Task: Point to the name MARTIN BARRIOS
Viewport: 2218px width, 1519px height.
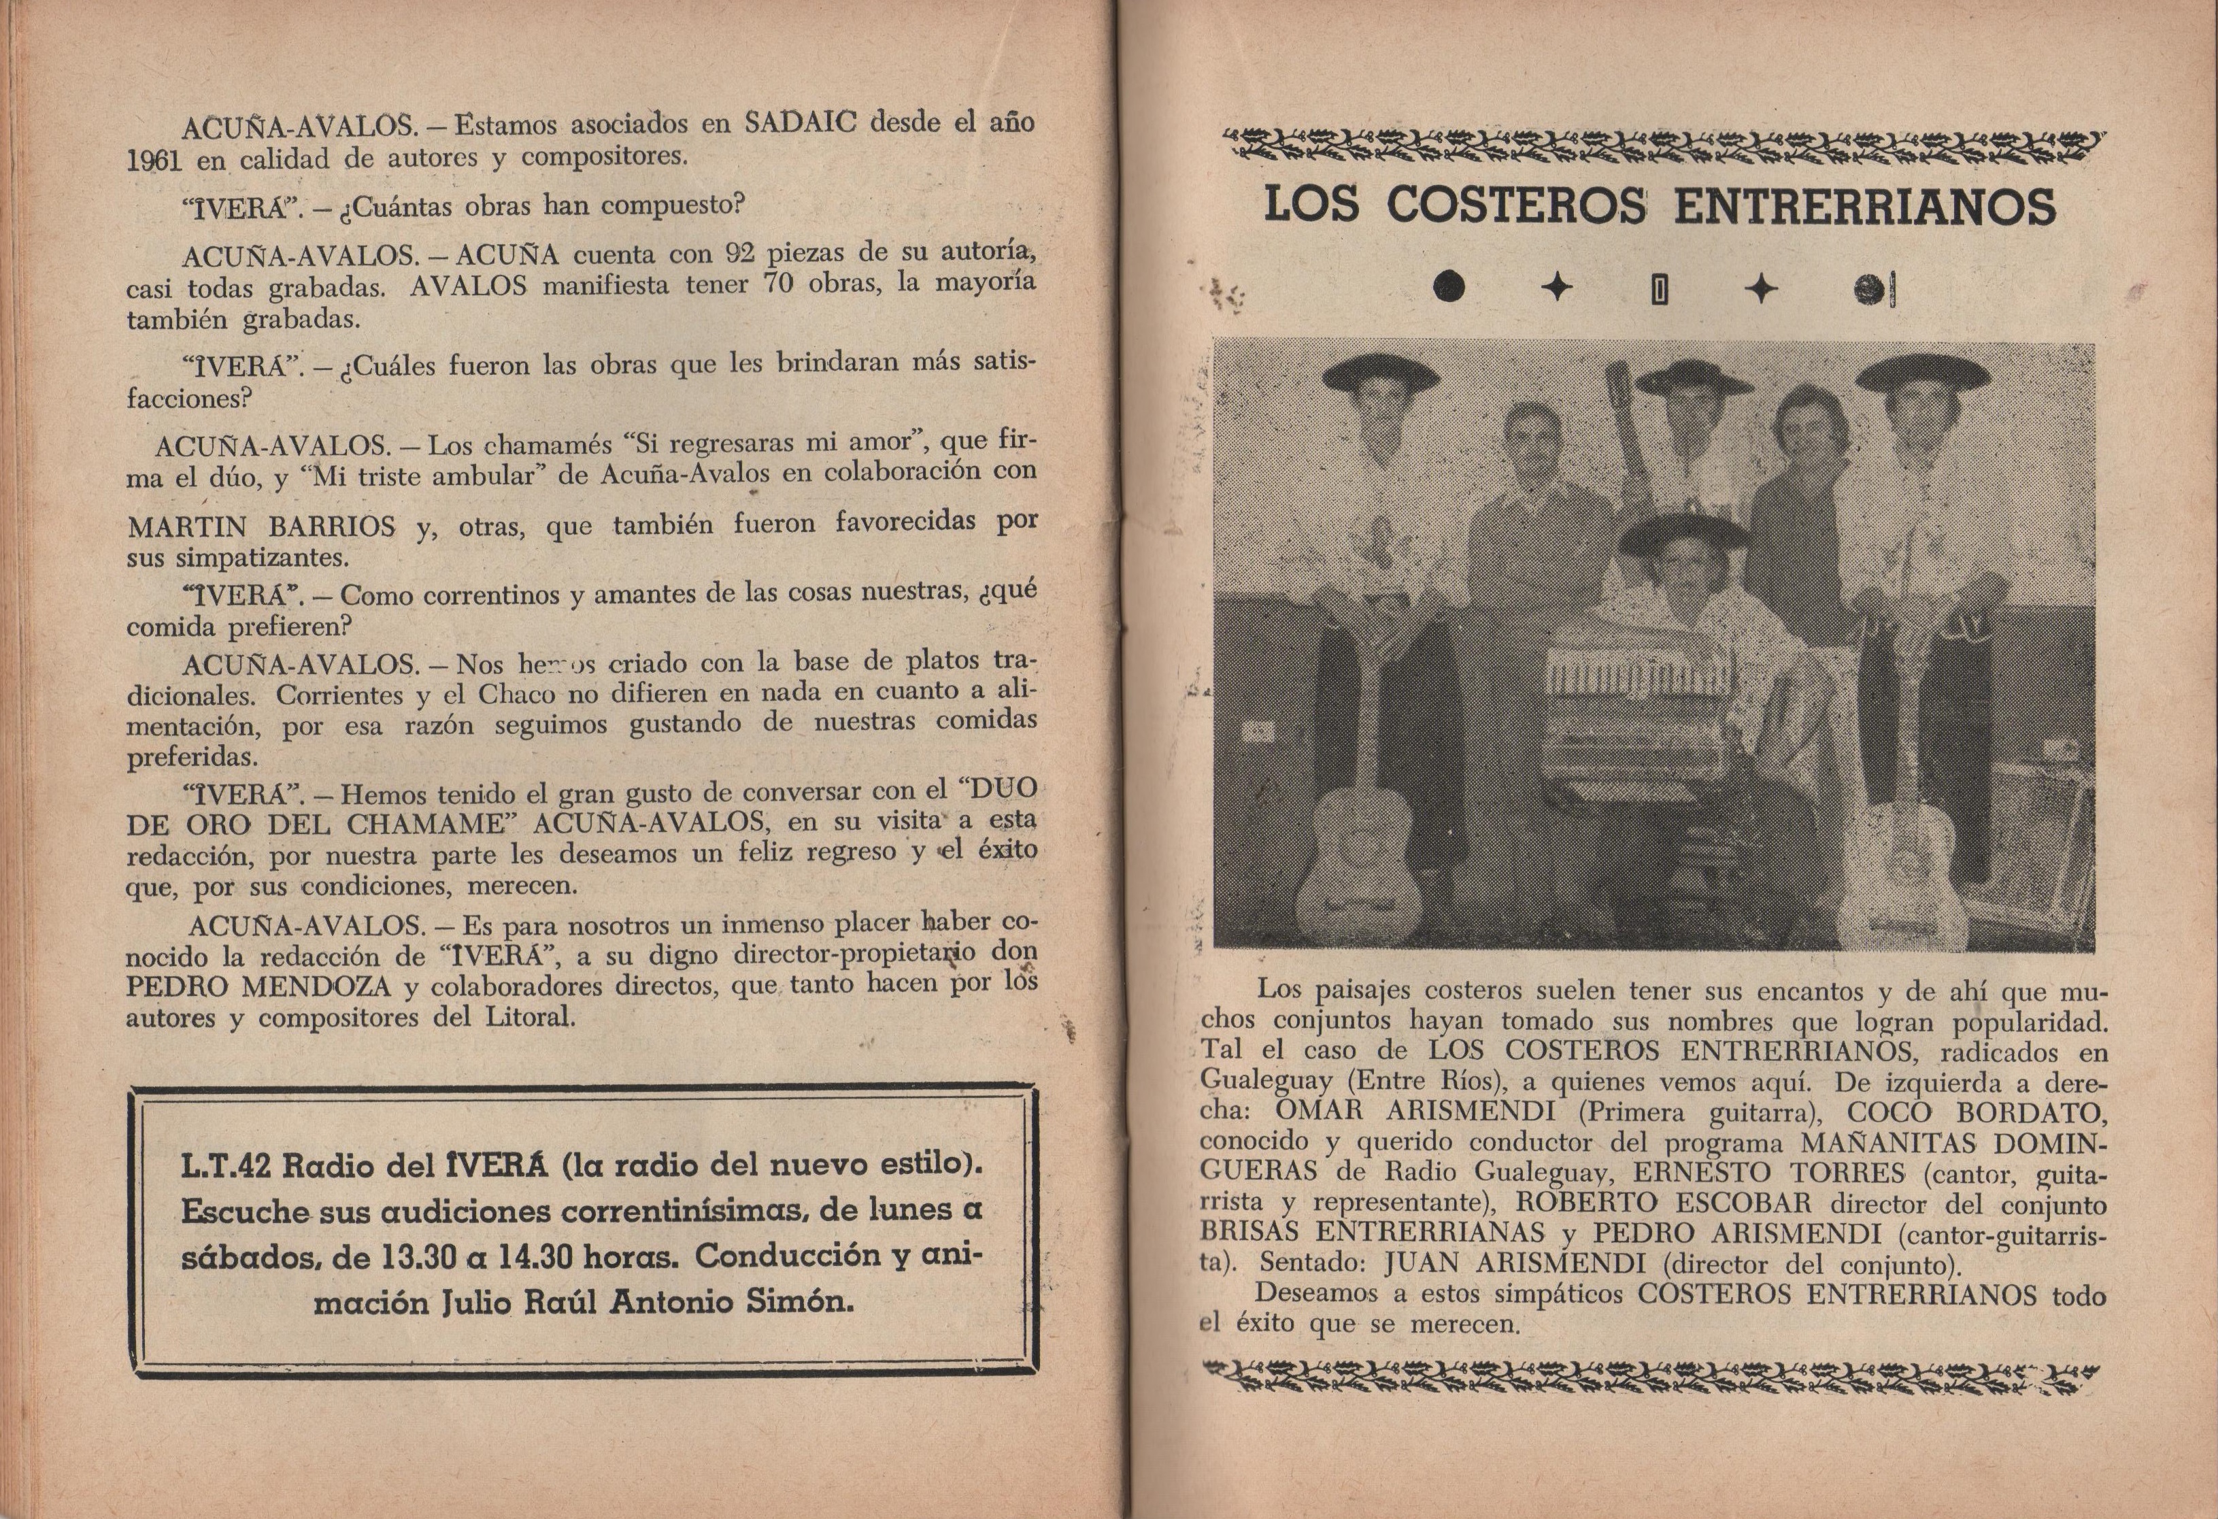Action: (x=261, y=526)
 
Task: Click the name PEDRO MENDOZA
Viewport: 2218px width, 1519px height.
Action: (x=258, y=984)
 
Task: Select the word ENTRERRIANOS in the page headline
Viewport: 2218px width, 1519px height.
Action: (x=1865, y=206)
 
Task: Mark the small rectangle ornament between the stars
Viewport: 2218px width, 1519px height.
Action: (x=1659, y=288)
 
